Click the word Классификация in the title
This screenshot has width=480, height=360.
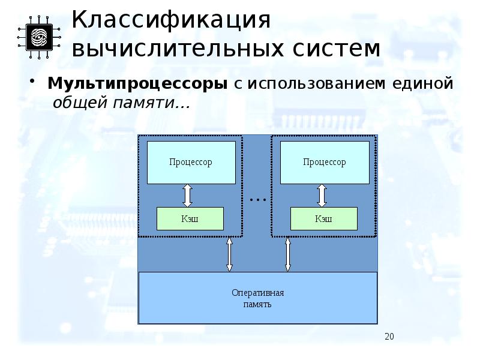[x=172, y=20]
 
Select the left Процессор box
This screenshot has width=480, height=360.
[x=191, y=162]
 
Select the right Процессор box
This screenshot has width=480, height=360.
[x=325, y=162]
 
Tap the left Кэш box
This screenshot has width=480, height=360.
[x=190, y=219]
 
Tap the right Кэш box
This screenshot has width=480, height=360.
[x=323, y=219]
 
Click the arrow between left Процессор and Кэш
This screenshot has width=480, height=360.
[x=187, y=196]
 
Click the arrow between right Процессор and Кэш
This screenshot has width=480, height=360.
[x=322, y=196]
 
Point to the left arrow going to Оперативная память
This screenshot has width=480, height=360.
[x=229, y=254]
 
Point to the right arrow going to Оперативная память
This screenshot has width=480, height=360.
[x=288, y=254]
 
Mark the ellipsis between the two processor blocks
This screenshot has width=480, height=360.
[x=257, y=197]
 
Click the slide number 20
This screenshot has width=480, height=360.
[x=389, y=336]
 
